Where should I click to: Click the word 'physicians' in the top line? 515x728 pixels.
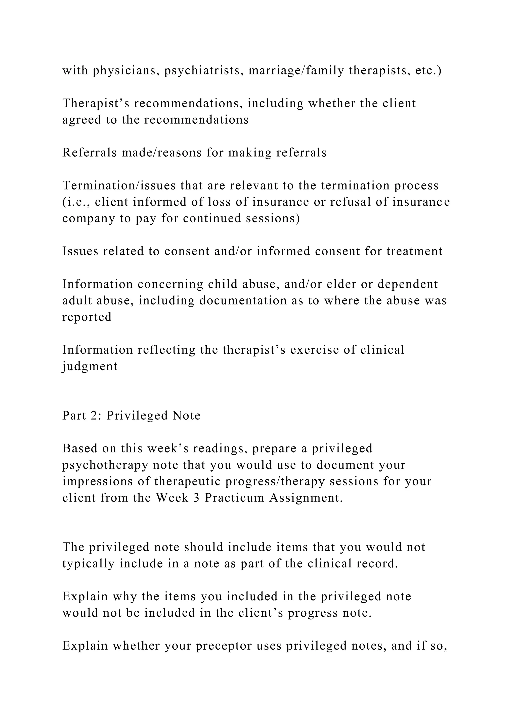(126, 71)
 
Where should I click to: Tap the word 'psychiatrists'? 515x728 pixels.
(204, 71)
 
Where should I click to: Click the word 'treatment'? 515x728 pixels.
(414, 251)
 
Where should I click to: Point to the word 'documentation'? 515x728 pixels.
(243, 301)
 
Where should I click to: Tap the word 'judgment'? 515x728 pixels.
(90, 367)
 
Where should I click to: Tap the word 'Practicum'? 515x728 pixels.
(234, 498)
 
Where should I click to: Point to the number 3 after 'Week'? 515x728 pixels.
(196, 498)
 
